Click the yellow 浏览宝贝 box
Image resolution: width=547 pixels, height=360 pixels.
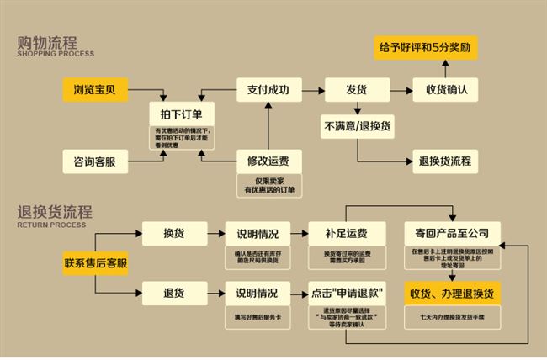pyautogui.click(x=95, y=87)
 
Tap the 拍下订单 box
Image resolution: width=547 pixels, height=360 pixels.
pyautogui.click(x=181, y=114)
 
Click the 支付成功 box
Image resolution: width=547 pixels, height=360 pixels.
pyautogui.click(x=268, y=87)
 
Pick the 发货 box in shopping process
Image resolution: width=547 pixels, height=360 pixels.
pyautogui.click(x=356, y=87)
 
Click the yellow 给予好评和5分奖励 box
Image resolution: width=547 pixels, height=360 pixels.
pyautogui.click(x=427, y=48)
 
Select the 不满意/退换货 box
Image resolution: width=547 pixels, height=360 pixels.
pyautogui.click(x=356, y=126)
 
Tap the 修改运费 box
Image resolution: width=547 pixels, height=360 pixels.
pyautogui.click(x=268, y=160)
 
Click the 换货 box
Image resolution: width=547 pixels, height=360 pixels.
pyautogui.click(x=175, y=232)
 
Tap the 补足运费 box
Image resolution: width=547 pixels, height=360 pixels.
pyautogui.click(x=347, y=232)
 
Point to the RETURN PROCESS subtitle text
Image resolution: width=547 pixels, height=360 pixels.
pyautogui.click(x=51, y=225)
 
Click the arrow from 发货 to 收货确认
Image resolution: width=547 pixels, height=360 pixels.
pyautogui.click(x=399, y=87)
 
